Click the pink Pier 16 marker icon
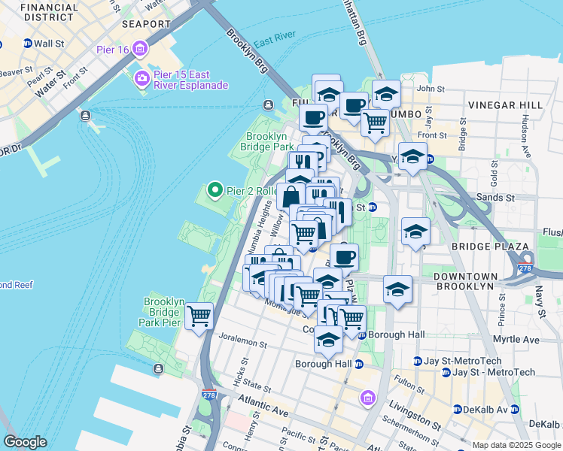coord(140,50)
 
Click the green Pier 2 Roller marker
coord(215,191)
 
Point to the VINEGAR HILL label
coord(501,105)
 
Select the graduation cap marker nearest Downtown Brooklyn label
coord(397,289)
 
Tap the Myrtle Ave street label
coord(516,340)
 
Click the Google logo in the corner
coord(25,442)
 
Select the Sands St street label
coord(498,198)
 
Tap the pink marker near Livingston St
coord(367,397)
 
